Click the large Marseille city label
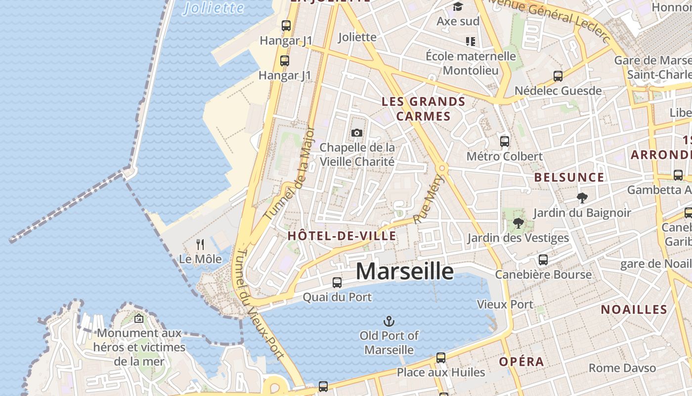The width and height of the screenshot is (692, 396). (x=404, y=271)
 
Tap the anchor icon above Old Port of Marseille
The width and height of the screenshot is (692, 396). (x=389, y=321)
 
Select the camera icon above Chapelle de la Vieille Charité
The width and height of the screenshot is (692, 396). (x=356, y=133)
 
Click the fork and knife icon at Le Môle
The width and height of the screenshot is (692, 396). (x=200, y=244)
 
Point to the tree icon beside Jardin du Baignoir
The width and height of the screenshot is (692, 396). (x=582, y=198)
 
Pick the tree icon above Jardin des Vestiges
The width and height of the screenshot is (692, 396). (x=518, y=223)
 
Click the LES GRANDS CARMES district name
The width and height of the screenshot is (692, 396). (x=423, y=109)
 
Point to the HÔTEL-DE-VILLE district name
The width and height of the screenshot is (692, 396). (x=342, y=236)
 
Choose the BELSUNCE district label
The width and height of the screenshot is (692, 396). (x=569, y=177)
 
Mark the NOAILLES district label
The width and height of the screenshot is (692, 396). (x=634, y=310)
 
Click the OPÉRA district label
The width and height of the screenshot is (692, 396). (x=521, y=362)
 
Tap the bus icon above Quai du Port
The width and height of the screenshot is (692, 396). (x=337, y=283)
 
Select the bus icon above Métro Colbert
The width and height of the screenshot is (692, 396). (x=505, y=142)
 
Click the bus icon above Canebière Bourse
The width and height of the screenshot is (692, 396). (x=543, y=260)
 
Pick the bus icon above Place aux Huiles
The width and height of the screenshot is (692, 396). (x=441, y=357)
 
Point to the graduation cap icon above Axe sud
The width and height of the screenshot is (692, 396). (x=458, y=7)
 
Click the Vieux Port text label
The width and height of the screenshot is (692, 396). (x=505, y=304)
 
